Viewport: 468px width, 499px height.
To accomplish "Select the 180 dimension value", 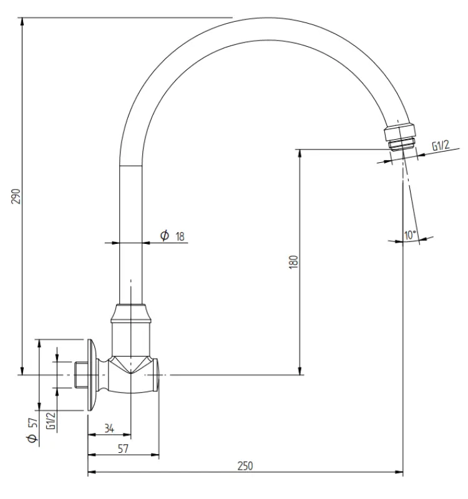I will tap(294, 261).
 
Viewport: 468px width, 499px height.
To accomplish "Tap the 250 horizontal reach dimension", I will tap(245, 466).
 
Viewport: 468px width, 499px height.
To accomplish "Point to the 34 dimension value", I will tap(109, 428).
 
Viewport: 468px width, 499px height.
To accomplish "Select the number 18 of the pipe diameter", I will tap(180, 235).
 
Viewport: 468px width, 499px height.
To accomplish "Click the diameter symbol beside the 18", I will tap(165, 235).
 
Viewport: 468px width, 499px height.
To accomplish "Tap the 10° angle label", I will tap(410, 235).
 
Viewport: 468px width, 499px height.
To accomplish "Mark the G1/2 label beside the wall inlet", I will tap(51, 419).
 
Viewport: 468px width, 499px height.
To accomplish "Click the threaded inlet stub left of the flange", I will tap(79, 375).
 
